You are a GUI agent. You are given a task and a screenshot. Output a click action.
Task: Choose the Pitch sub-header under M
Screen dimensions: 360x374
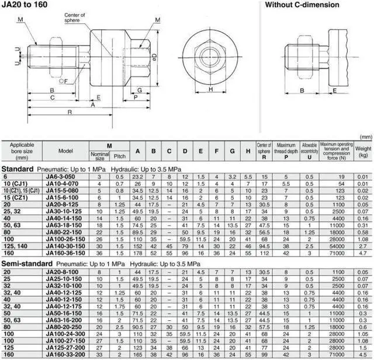pos(119,157)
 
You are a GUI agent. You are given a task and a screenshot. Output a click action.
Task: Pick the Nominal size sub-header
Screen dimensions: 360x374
pos(99,157)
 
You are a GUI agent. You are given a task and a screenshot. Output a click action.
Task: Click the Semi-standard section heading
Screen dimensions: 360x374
pos(25,264)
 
